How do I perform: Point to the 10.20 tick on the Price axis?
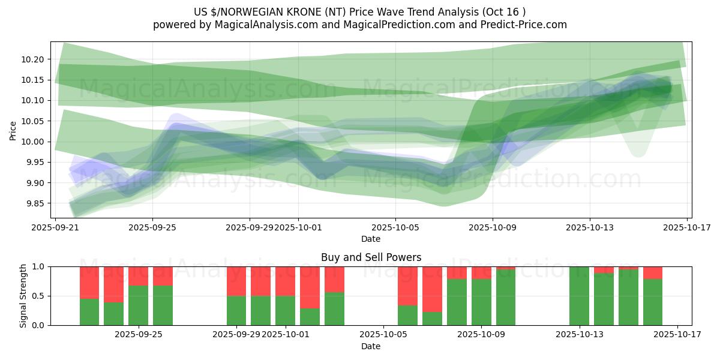pos(32,59)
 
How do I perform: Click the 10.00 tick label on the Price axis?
pos(32,142)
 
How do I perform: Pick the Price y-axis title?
pos(13,130)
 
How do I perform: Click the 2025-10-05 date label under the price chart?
pos(395,228)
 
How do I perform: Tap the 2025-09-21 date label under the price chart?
pos(55,228)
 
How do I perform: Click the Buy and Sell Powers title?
pos(371,257)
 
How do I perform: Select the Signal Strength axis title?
pos(23,295)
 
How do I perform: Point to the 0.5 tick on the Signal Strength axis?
pos(39,296)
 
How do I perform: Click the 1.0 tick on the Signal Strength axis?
pos(39,266)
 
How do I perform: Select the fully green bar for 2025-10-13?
pos(579,296)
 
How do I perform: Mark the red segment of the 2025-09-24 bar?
pos(138,276)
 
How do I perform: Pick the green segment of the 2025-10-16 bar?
pos(653,302)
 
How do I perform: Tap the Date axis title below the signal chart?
pos(371,346)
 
